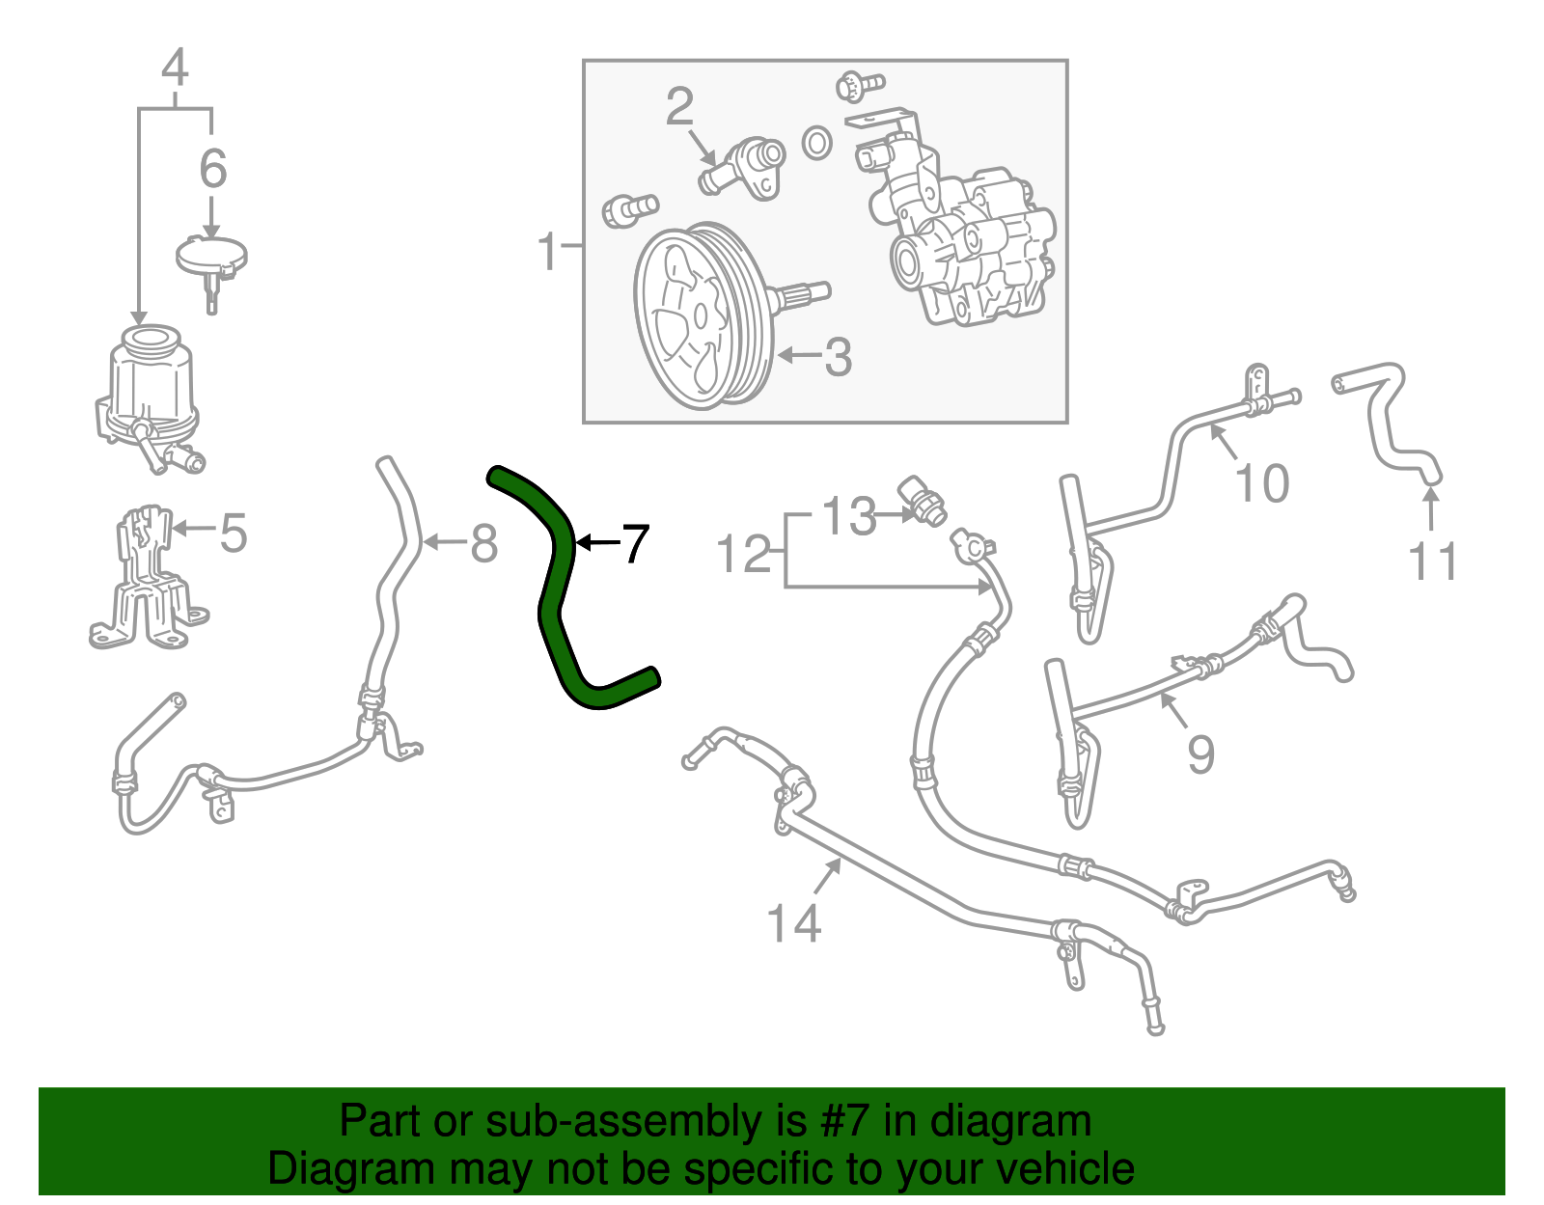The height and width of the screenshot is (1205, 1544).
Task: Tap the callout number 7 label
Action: pos(634,544)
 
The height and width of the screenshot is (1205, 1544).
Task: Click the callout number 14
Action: pos(793,923)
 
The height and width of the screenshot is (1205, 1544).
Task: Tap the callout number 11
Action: pos(1432,561)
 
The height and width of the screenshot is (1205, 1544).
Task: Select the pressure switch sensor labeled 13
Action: pos(922,500)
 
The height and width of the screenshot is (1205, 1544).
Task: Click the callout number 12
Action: pos(744,555)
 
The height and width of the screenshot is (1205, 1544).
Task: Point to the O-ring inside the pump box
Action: pos(817,143)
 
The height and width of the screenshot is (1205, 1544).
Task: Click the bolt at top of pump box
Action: pos(857,85)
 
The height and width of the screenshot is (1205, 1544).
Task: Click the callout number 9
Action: pos(1200,753)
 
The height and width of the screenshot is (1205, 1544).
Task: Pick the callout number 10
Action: pos(1262,482)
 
